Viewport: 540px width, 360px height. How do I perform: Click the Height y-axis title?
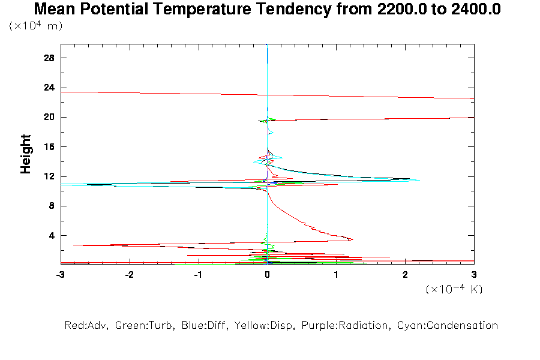(26, 154)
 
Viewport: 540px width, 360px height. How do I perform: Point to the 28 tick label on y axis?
(49, 58)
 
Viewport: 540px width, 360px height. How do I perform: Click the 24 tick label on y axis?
(49, 88)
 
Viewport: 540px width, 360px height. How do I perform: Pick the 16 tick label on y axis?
(49, 147)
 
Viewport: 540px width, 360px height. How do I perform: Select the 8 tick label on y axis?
(52, 206)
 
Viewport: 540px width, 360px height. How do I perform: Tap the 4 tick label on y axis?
(52, 236)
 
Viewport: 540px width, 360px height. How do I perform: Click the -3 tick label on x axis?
(59, 274)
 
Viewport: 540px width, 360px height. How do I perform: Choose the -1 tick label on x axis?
(197, 274)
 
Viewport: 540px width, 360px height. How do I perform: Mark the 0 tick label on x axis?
(267, 274)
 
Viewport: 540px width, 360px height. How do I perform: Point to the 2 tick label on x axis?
(405, 274)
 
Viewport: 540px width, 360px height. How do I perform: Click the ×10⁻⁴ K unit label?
(454, 289)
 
